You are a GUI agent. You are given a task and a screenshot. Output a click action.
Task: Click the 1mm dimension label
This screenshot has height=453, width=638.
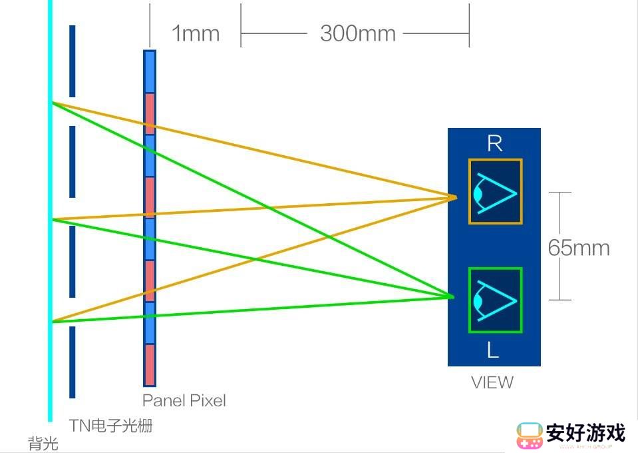[x=196, y=33]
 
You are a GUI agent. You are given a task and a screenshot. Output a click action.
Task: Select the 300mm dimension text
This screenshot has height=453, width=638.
[x=358, y=33]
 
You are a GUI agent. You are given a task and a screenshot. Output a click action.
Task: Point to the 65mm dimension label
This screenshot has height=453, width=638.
[x=579, y=248]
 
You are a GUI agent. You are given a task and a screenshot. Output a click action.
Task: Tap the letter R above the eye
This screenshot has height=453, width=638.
[x=495, y=143]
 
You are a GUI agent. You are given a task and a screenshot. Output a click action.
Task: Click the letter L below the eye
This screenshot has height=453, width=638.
[x=493, y=350]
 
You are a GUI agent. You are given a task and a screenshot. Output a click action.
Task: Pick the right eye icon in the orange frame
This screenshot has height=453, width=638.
[x=495, y=191]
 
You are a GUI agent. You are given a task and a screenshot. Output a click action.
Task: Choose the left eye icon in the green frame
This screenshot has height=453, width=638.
[x=495, y=300]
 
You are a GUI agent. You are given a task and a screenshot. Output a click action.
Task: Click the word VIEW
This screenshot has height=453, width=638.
[x=492, y=382]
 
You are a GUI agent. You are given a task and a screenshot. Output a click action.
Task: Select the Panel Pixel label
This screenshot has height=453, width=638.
[x=184, y=400]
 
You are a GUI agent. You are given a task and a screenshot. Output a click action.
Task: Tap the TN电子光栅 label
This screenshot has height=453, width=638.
[x=110, y=426]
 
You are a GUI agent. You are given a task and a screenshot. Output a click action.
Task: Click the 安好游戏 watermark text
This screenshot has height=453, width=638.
[x=585, y=432]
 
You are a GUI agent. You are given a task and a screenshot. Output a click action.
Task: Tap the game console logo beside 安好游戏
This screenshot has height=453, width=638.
[x=530, y=436]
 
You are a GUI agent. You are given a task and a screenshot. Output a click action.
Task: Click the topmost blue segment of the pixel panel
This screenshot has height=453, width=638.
[x=150, y=72]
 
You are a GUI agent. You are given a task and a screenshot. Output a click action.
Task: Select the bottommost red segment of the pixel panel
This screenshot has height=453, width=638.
[x=150, y=364]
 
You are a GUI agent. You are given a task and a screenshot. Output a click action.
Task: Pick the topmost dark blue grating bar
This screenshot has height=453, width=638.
[x=73, y=61]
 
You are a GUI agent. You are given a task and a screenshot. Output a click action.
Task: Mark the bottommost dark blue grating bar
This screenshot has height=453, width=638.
[x=73, y=362]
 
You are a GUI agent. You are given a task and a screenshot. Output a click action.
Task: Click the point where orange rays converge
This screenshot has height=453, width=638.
[x=456, y=198]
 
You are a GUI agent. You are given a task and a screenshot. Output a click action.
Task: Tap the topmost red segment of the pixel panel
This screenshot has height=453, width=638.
[x=150, y=114]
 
